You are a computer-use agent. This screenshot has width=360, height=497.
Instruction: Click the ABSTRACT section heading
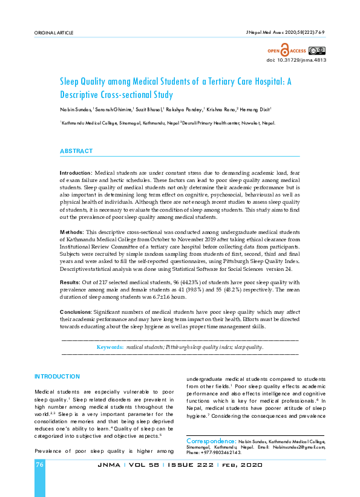click(76, 151)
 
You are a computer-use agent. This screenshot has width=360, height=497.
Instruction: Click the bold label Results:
click(71, 282)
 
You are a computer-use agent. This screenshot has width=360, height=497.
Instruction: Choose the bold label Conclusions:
click(78, 312)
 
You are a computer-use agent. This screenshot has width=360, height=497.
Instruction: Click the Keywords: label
click(110, 348)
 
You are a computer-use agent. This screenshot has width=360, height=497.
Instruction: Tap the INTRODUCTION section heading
click(57, 376)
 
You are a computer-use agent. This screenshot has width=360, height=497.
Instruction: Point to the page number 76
click(40, 465)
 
